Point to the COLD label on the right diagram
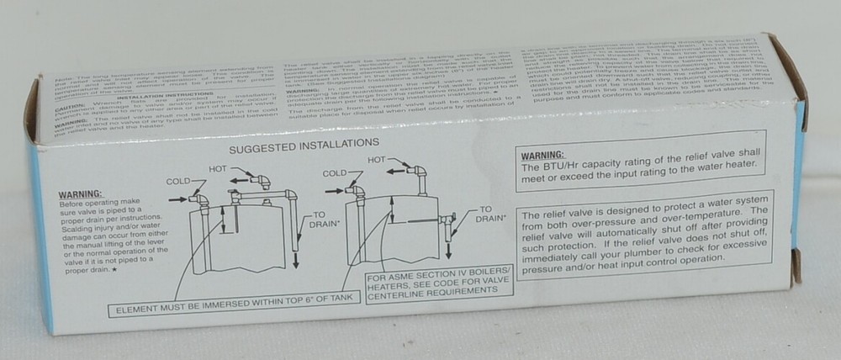[x=336, y=172]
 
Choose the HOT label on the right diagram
[x=376, y=160]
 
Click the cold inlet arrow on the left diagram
[x=178, y=199]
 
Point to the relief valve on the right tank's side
[x=447, y=220]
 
